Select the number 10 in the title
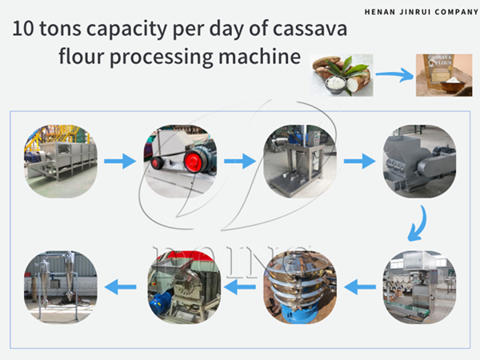[x=22, y=33]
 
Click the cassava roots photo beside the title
[x=342, y=74]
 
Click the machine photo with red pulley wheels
[x=181, y=161]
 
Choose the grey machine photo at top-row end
[x=419, y=161]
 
